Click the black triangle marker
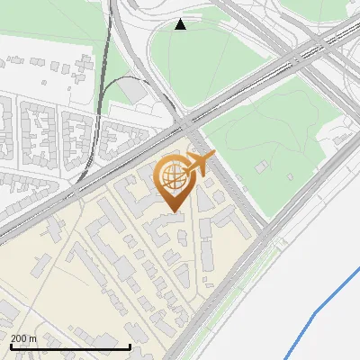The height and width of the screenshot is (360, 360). coord(181,24)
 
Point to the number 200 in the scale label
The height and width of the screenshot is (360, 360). coord(20,338)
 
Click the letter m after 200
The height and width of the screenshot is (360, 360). coord(33,338)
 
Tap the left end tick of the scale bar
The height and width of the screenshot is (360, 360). coord(10,345)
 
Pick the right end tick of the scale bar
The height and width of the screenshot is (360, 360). coord(130,345)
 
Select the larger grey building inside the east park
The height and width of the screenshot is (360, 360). coord(262,166)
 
